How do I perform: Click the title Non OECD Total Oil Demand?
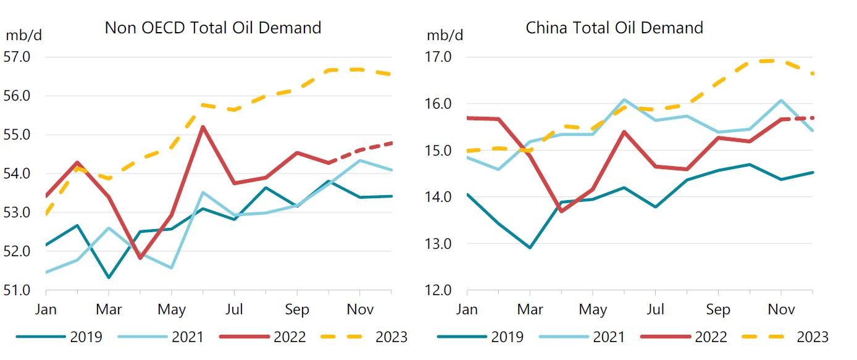(x=213, y=28)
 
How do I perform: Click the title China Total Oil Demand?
(x=614, y=28)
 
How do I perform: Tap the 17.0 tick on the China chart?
(x=439, y=57)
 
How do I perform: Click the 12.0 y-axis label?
(x=439, y=290)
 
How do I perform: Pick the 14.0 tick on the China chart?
(x=439, y=197)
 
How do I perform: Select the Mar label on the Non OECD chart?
(x=109, y=309)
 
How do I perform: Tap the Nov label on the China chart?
(x=781, y=309)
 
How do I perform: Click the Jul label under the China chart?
(x=655, y=309)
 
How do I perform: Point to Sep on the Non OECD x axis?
(x=297, y=309)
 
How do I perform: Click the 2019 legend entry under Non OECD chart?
(x=59, y=337)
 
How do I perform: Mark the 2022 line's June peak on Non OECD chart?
(x=203, y=127)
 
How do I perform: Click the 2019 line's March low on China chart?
(x=530, y=248)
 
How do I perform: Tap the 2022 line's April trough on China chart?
(x=561, y=211)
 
